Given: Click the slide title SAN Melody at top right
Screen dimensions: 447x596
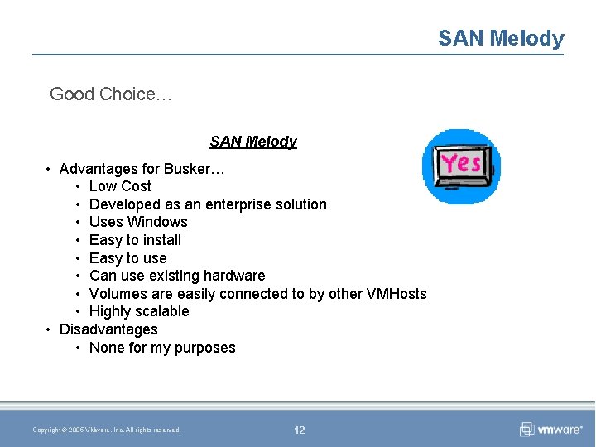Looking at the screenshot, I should pyautogui.click(x=501, y=38).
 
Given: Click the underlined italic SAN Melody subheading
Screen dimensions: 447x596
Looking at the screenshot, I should pyautogui.click(x=253, y=142).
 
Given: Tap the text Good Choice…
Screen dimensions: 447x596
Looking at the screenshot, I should pyautogui.click(x=111, y=94).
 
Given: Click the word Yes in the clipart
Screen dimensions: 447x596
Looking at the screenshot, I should pyautogui.click(x=461, y=162).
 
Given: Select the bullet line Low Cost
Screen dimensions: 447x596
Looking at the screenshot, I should pyautogui.click(x=120, y=186).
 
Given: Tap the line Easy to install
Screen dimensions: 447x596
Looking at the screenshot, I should pyautogui.click(x=135, y=240).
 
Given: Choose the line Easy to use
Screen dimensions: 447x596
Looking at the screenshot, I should pyautogui.click(x=127, y=258).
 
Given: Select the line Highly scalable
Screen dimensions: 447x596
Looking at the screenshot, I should pyautogui.click(x=139, y=311).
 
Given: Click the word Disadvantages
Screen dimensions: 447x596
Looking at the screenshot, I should pyautogui.click(x=108, y=329).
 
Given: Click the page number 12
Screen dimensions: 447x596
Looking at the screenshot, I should pyautogui.click(x=299, y=430).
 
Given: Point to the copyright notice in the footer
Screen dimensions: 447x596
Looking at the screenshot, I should pyautogui.click(x=107, y=430).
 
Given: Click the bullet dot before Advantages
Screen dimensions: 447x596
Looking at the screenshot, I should pyautogui.click(x=49, y=169).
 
